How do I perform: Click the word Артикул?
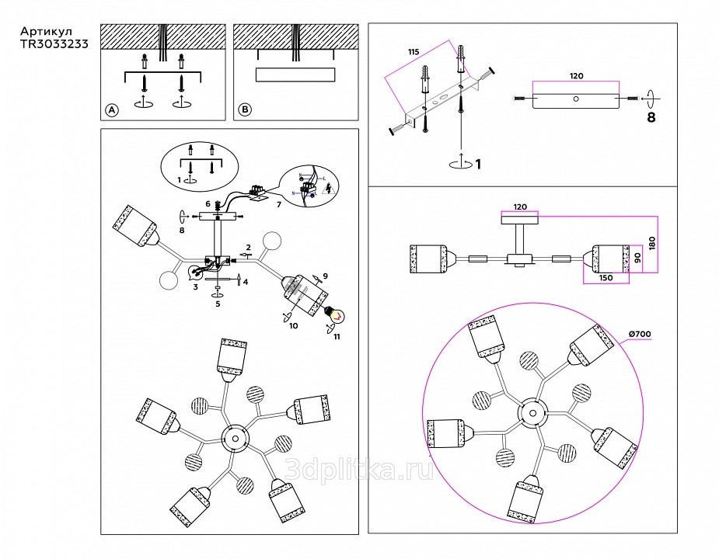(x=44, y=33)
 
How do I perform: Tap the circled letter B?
(x=245, y=110)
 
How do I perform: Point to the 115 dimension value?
(x=413, y=51)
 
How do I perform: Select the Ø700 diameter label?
(x=638, y=334)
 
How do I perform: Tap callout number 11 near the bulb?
(x=337, y=338)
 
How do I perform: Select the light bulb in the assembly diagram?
(x=337, y=314)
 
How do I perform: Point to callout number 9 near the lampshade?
(x=326, y=276)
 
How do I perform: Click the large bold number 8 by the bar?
(x=651, y=119)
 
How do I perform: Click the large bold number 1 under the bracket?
(x=478, y=164)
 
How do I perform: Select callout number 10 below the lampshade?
(x=294, y=327)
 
